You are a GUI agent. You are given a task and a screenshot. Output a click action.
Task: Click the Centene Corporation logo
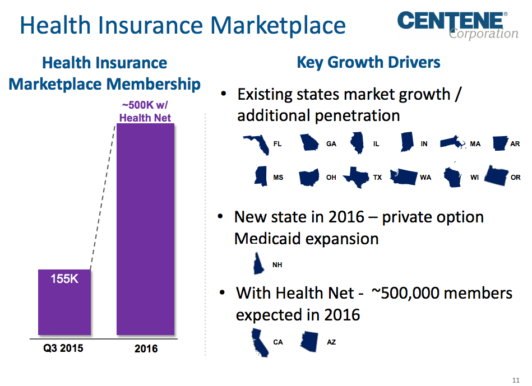coord(457,25)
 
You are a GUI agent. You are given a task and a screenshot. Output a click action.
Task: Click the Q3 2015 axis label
coord(63,348)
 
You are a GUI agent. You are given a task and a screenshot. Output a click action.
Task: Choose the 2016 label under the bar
coord(146,349)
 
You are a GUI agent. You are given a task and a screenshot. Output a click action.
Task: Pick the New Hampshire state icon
coord(258,263)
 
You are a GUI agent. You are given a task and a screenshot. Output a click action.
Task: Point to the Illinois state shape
coord(357,143)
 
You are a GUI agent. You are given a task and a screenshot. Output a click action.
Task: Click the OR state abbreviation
coord(516,178)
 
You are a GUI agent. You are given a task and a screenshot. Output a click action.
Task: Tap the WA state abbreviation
coord(425,178)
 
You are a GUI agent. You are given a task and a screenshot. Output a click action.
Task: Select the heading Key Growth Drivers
coord(368,62)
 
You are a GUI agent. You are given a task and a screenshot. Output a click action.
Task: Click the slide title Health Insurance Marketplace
coord(183,25)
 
